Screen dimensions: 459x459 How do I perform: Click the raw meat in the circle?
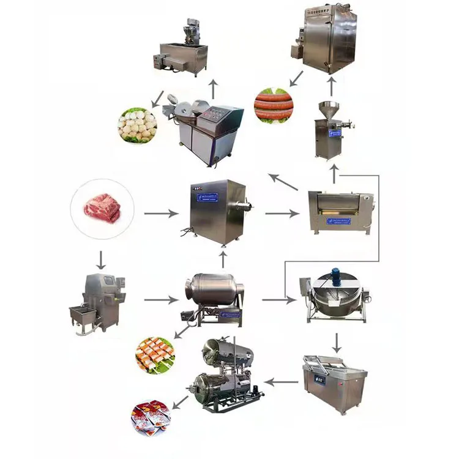tap(102, 207)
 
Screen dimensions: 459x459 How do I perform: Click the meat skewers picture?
tap(155, 355)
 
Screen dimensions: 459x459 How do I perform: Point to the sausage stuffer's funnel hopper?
tap(330, 109)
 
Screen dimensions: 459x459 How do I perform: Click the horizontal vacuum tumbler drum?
tap(214, 294)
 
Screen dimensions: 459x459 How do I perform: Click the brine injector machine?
tap(98, 302)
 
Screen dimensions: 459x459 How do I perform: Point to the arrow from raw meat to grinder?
tap(162, 214)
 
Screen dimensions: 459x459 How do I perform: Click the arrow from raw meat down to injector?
tap(101, 259)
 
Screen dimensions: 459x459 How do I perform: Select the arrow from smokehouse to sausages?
tap(296, 78)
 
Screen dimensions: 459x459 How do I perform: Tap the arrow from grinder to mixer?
tap(282, 214)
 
